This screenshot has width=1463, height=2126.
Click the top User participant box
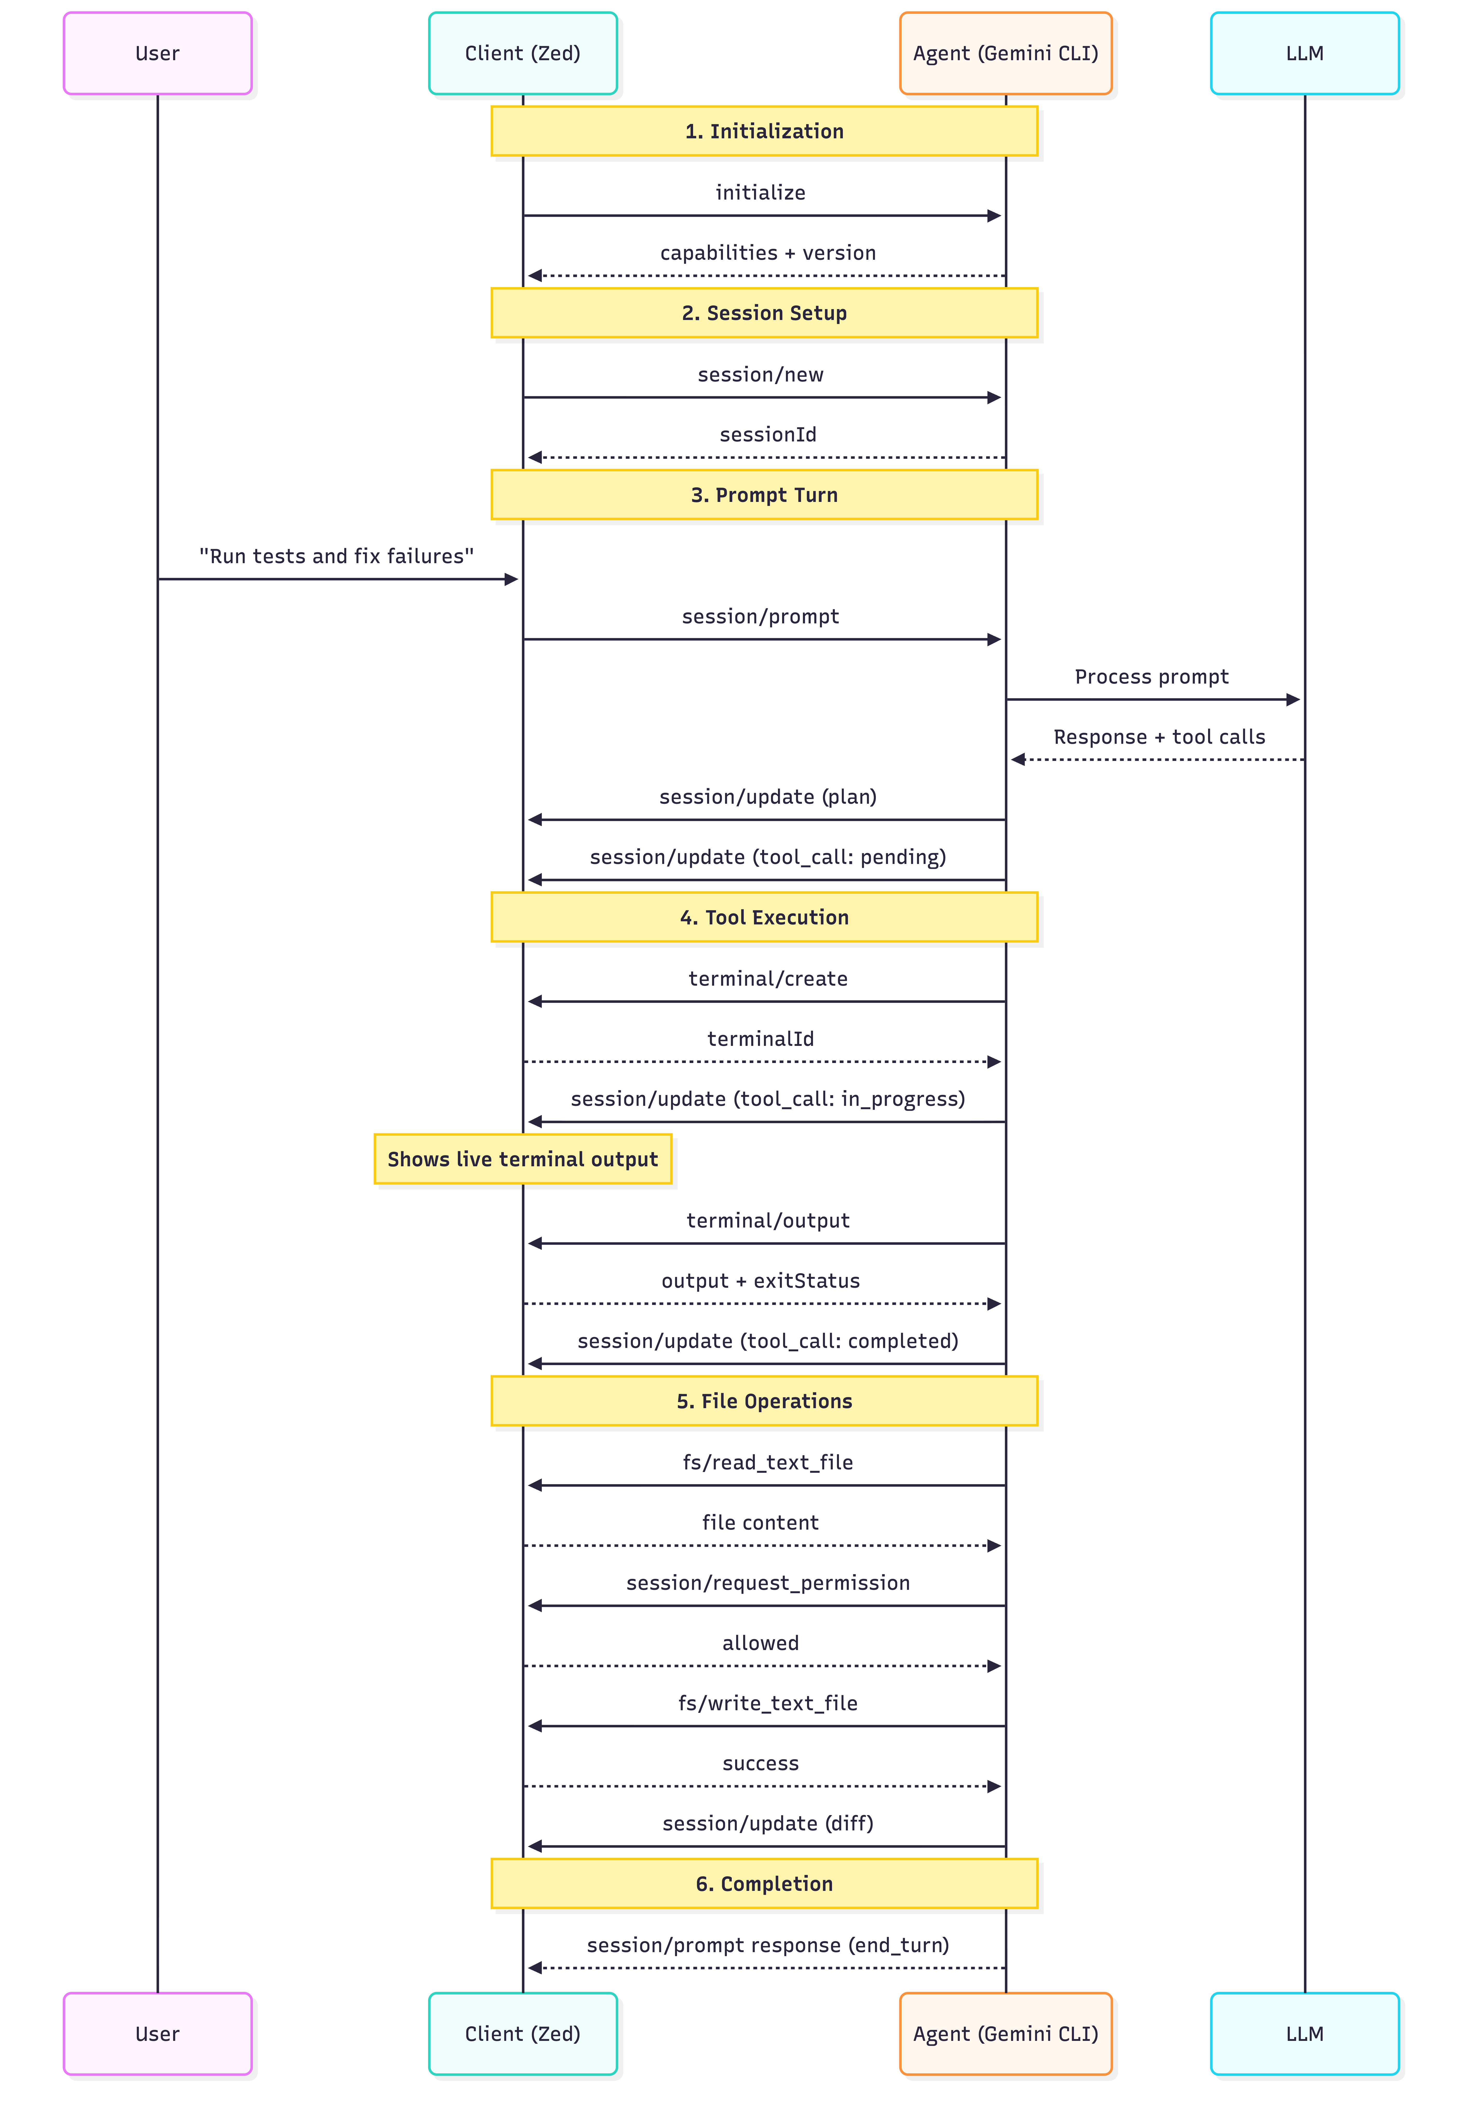(158, 53)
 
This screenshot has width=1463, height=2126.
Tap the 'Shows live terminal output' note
(523, 1159)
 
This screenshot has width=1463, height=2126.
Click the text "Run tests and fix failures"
(336, 556)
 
